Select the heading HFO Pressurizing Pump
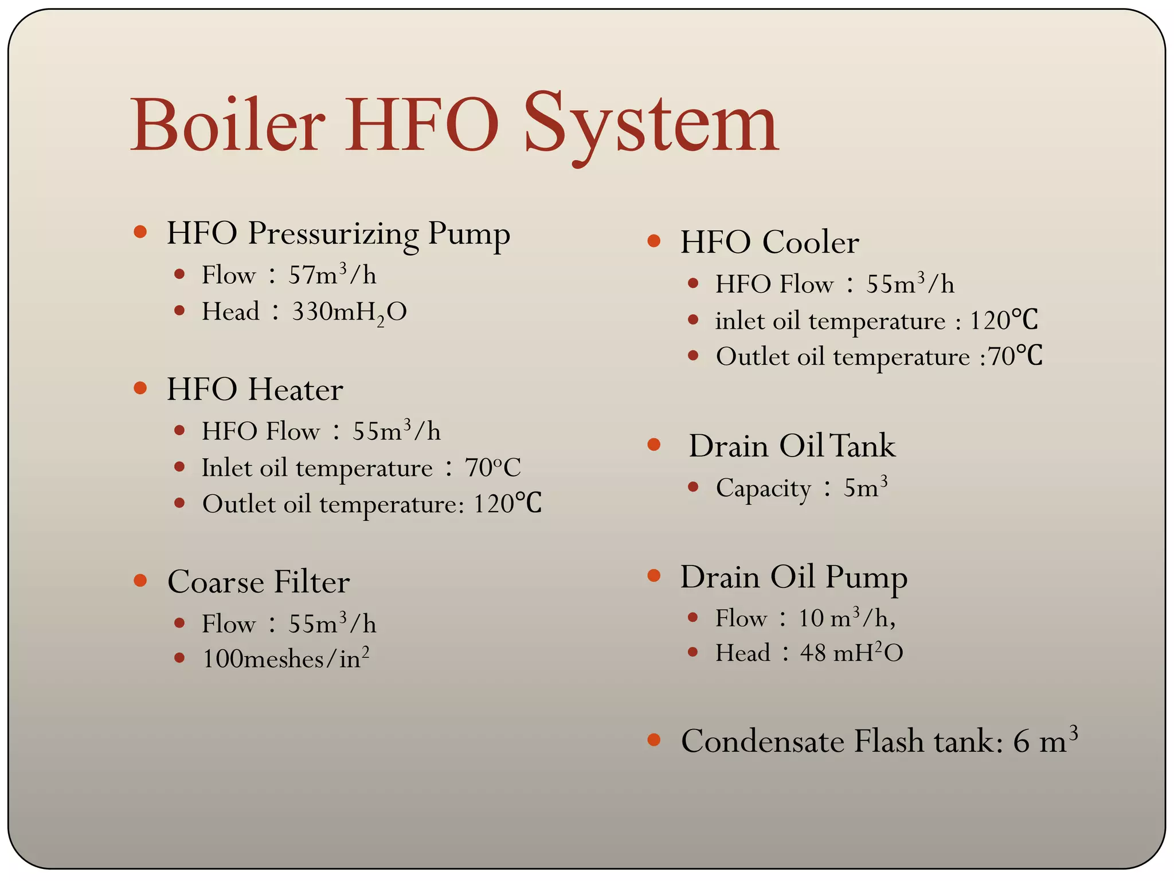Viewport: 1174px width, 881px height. [x=338, y=233]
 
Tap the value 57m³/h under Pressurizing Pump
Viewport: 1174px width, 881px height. [x=332, y=275]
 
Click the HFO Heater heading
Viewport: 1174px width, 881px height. [x=255, y=389]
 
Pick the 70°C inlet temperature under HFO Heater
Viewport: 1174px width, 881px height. [x=492, y=468]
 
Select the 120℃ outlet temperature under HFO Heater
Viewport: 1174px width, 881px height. [x=507, y=504]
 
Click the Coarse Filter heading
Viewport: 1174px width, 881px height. [x=259, y=582]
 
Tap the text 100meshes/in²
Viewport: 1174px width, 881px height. [x=285, y=658]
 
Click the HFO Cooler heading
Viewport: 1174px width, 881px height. [x=769, y=242]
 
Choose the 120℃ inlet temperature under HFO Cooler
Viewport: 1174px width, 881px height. [x=1003, y=321]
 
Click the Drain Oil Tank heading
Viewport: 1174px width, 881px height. [x=792, y=446]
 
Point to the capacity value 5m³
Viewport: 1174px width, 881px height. [x=865, y=488]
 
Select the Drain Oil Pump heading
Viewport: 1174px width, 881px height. [x=793, y=577]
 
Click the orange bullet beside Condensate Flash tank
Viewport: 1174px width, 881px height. [x=653, y=740]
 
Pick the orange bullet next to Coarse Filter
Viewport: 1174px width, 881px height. [x=140, y=580]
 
